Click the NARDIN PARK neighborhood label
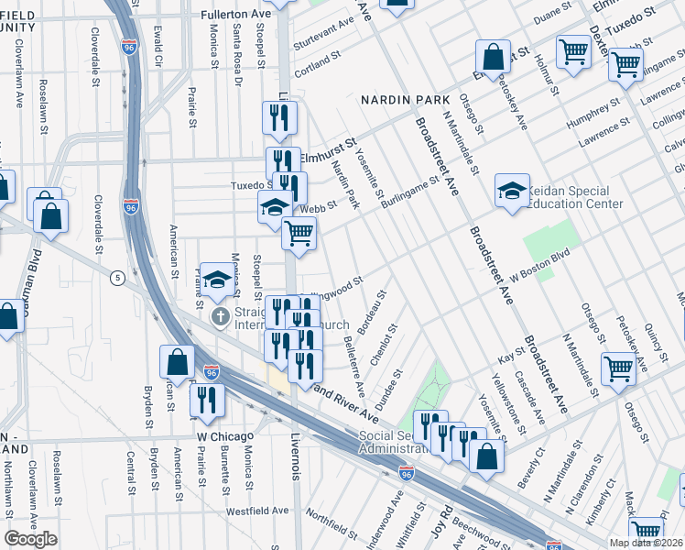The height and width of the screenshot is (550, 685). point(404,99)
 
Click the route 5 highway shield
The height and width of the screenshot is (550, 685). point(117,277)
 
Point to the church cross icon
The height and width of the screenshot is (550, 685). point(220,317)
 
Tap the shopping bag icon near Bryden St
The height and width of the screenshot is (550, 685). point(176,362)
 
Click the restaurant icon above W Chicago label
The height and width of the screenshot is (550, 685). point(206,400)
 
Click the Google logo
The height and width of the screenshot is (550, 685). point(31,539)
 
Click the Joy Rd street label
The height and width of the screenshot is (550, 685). point(440,521)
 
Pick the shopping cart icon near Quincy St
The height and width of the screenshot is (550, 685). point(619,368)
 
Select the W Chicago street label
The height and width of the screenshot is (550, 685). point(223,437)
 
